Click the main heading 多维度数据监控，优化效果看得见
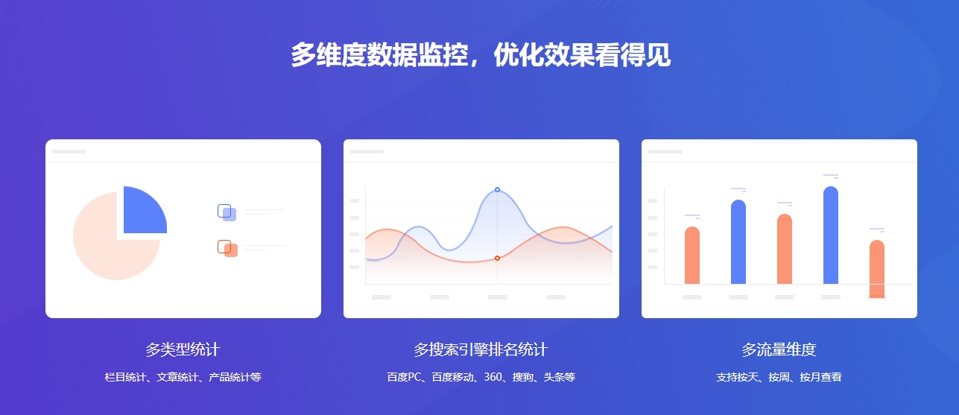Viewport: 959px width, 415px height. [481, 55]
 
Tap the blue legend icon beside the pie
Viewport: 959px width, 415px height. [227, 212]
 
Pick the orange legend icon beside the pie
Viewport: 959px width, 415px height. [227, 248]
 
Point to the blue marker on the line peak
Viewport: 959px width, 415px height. [497, 190]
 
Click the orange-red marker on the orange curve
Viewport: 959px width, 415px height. [497, 259]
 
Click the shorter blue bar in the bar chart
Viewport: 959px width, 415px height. [738, 242]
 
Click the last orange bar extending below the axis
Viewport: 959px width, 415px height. [877, 268]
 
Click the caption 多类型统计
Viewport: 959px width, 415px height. [183, 349]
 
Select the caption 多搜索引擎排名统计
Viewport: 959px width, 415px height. [481, 349]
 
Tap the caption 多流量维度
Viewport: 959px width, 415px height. [779, 349]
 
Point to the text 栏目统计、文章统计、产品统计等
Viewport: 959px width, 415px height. [183, 377]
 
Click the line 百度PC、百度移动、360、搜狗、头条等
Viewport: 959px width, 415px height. [481, 377]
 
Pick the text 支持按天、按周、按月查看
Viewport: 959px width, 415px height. [779, 377]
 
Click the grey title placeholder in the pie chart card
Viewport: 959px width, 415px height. [69, 152]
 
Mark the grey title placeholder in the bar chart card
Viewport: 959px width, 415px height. [665, 152]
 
